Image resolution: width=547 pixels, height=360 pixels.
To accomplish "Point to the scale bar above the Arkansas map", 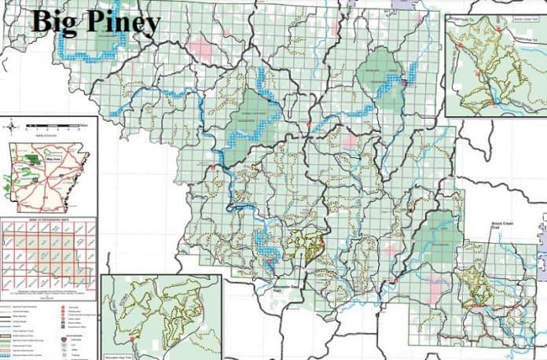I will coord(55,125).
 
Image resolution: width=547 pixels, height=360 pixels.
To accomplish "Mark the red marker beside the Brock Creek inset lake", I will coord(490,101).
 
